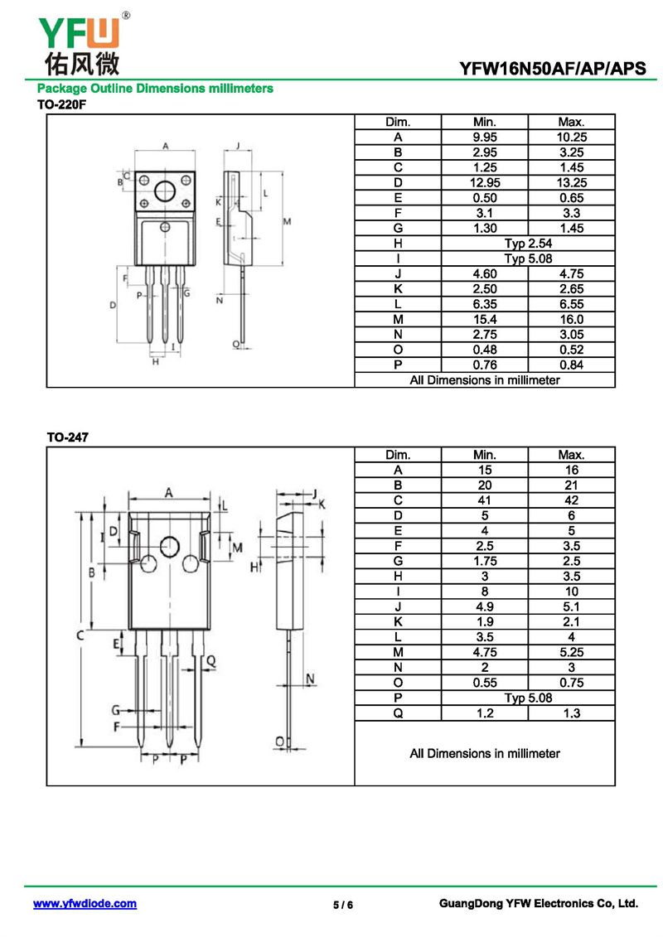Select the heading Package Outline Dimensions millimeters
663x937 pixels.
[x=155, y=89]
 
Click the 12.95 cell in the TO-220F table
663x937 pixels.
[x=484, y=182]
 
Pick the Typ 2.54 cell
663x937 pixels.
[x=528, y=244]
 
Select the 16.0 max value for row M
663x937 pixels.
[x=571, y=320]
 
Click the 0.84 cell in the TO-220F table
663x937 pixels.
[x=571, y=365]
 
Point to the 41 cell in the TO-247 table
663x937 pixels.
[x=484, y=500]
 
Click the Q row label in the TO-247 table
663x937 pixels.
[x=398, y=713]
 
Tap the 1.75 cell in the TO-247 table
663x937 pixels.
[x=484, y=562]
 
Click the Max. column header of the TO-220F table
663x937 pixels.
[x=571, y=122]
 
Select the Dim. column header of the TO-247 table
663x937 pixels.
[x=398, y=455]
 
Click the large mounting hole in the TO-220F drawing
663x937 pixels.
[x=165, y=188]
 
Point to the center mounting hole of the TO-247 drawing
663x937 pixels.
[x=170, y=546]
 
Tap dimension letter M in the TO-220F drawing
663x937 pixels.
[x=287, y=221]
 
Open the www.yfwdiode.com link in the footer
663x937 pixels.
[x=85, y=904]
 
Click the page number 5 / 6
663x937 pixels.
[x=343, y=905]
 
